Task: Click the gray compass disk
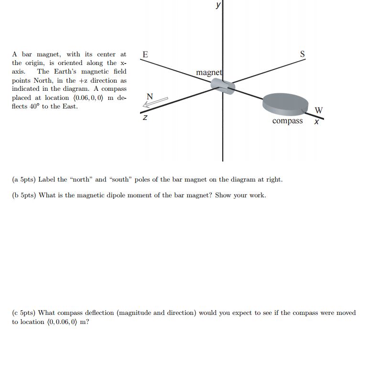click(x=285, y=104)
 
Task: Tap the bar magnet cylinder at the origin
click(x=223, y=86)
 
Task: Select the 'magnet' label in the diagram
click(x=209, y=73)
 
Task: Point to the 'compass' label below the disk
click(x=287, y=121)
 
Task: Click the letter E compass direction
click(x=145, y=54)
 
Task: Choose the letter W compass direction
click(x=319, y=110)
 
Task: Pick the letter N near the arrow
click(x=149, y=96)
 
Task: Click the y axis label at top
click(x=218, y=5)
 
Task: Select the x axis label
click(x=316, y=122)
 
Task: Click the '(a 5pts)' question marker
click(x=24, y=180)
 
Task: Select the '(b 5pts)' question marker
click(x=24, y=195)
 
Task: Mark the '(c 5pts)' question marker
click(x=24, y=313)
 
